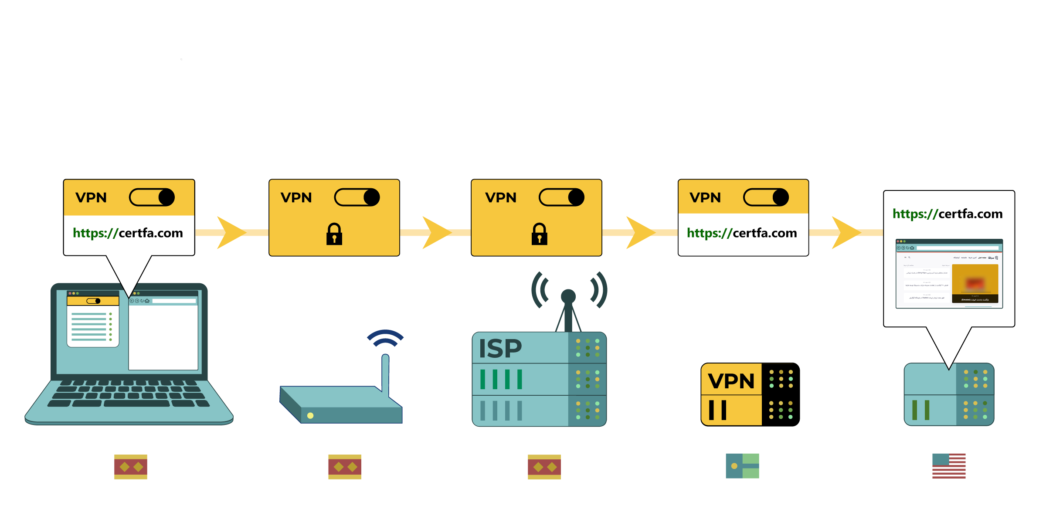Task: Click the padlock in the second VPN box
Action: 334,234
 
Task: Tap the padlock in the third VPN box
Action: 539,234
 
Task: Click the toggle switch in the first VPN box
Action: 152,197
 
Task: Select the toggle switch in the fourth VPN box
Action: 766,197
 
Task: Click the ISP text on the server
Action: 500,349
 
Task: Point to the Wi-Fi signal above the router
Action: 385,338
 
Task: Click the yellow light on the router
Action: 310,415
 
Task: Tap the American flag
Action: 949,466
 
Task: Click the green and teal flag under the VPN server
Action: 742,466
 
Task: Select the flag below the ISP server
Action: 544,467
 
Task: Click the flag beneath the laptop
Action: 131,467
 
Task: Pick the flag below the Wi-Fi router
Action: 345,467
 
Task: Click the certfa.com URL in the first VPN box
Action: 128,233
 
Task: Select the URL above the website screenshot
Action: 948,214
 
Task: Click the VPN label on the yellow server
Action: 731,381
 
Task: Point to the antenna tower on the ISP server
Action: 568,305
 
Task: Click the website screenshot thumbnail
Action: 949,274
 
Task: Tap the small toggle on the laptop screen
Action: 93,301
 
